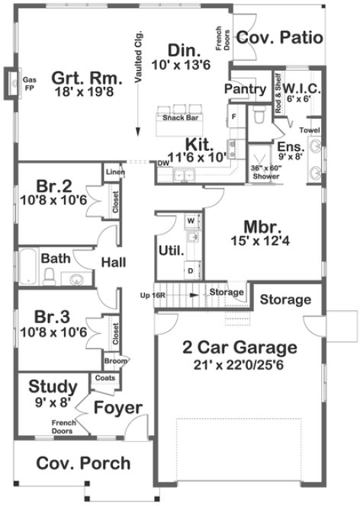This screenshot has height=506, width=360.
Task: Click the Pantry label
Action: (244, 90)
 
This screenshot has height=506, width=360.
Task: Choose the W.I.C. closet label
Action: (302, 90)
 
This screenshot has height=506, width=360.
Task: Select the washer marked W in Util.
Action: (191, 219)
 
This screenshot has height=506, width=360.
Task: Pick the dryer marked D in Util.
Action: (190, 270)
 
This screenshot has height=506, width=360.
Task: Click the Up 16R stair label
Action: (153, 293)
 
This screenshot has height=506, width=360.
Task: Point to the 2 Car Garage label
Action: (239, 348)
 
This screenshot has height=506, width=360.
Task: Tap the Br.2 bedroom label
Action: (53, 185)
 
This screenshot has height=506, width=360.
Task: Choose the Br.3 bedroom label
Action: (53, 315)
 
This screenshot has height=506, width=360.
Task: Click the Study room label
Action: (52, 386)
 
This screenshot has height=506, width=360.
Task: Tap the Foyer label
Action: (118, 408)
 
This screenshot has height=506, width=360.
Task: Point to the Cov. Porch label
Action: (83, 463)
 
